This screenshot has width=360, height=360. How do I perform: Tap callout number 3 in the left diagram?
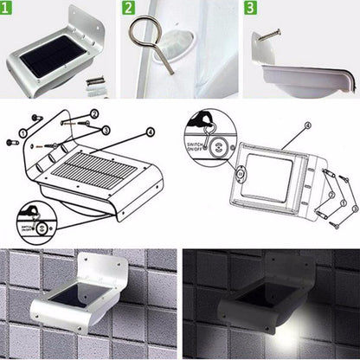point(106,130)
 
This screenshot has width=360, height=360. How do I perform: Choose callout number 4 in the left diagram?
point(151,132)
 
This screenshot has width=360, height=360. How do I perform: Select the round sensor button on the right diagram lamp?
point(241,173)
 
